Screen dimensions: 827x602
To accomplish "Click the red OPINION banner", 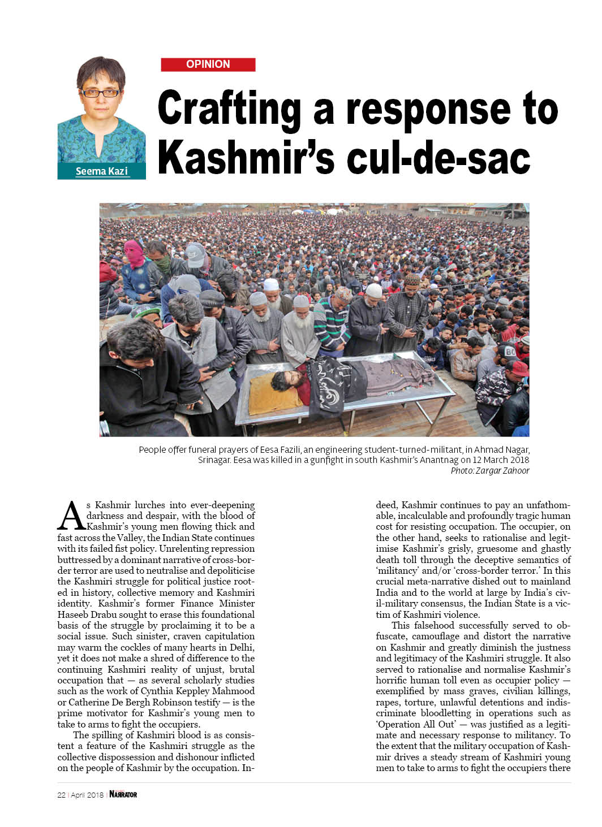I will pyautogui.click(x=208, y=64).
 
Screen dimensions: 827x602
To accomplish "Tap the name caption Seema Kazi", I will pyautogui.click(x=102, y=171).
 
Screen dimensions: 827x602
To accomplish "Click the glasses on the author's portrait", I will pyautogui.click(x=100, y=93).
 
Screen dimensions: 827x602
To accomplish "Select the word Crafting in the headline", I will pyautogui.click(x=229, y=109).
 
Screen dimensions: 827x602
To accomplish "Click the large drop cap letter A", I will pyautogui.click(x=71, y=516).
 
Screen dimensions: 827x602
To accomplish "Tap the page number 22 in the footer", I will pyautogui.click(x=61, y=795).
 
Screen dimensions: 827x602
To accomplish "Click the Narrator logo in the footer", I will pyautogui.click(x=123, y=794).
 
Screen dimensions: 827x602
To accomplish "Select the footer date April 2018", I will pyautogui.click(x=87, y=795).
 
